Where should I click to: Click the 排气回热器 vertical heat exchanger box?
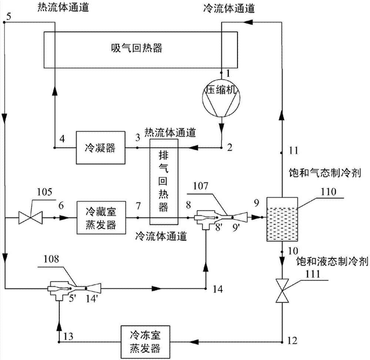pyautogui.click(x=163, y=181)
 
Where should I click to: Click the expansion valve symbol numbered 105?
pyautogui.click(x=31, y=217)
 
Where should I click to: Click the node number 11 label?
pyautogui.click(x=293, y=150)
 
